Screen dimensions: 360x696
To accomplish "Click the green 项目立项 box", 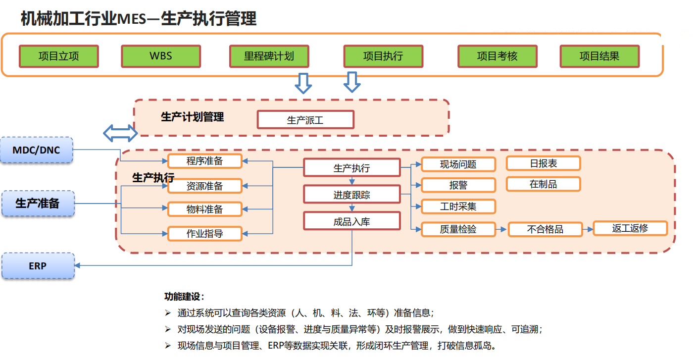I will click(x=58, y=56).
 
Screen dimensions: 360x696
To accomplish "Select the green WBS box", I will click(x=161, y=56).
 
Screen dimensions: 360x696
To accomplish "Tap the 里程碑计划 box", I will click(x=269, y=56).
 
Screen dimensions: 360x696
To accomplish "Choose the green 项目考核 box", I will click(x=497, y=56).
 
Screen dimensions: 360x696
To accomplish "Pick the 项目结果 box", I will click(x=599, y=56).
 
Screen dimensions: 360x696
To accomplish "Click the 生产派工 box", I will click(x=305, y=120).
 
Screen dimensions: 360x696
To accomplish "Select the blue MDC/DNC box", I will click(x=37, y=150).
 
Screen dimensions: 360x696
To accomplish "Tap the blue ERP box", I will click(x=38, y=266).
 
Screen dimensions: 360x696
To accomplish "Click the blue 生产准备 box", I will click(x=38, y=204).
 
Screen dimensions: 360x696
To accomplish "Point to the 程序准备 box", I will click(x=205, y=161).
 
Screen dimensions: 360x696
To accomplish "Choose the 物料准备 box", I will click(x=205, y=209).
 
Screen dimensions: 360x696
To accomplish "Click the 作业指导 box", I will click(x=205, y=233).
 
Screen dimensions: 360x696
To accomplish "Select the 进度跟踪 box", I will click(x=351, y=195).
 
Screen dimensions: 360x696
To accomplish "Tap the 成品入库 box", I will click(x=351, y=221).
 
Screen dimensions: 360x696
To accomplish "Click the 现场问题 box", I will click(x=458, y=164).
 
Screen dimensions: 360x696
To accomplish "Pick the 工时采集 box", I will click(x=458, y=206).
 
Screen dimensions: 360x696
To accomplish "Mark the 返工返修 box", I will click(x=630, y=228).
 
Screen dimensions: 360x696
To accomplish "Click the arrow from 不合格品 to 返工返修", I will click(x=587, y=229).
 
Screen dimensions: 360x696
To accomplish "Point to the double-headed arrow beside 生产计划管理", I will click(x=120, y=133).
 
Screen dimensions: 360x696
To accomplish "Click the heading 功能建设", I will click(x=184, y=297).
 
